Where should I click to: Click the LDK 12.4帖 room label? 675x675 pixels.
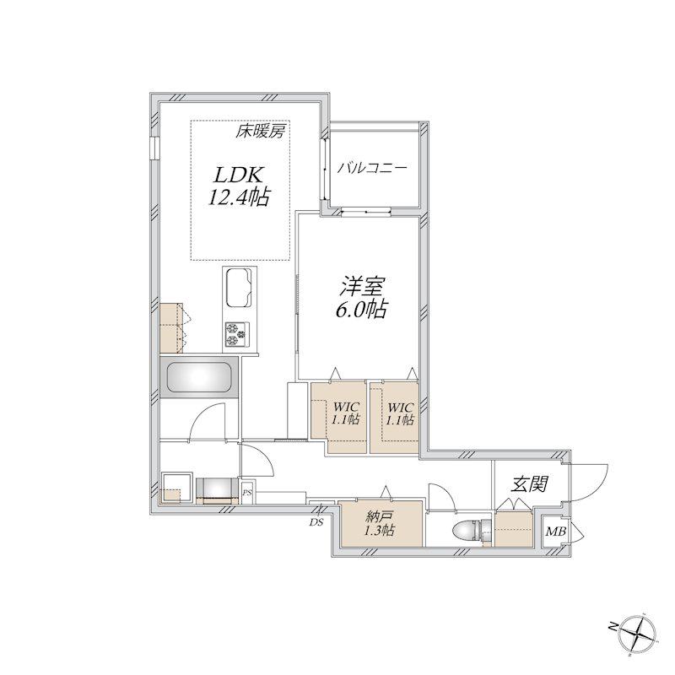(x=239, y=186)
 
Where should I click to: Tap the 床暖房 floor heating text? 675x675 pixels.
(x=260, y=131)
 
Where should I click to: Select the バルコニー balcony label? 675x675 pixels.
(x=372, y=167)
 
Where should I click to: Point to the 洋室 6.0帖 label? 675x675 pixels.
(x=362, y=298)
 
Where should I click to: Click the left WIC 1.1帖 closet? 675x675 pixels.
(x=339, y=417)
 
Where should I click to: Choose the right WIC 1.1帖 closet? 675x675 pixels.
(x=394, y=417)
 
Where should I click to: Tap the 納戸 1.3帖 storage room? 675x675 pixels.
(x=381, y=523)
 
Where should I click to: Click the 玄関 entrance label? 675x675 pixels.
(x=529, y=484)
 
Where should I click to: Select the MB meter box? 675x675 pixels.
(x=556, y=532)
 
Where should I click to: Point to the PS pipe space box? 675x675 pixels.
(x=247, y=492)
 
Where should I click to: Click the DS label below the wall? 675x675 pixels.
(x=316, y=523)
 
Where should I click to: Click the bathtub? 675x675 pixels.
(x=198, y=377)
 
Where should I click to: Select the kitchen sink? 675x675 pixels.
(x=240, y=287)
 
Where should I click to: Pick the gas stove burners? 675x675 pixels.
(x=235, y=335)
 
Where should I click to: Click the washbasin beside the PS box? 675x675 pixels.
(x=217, y=490)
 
